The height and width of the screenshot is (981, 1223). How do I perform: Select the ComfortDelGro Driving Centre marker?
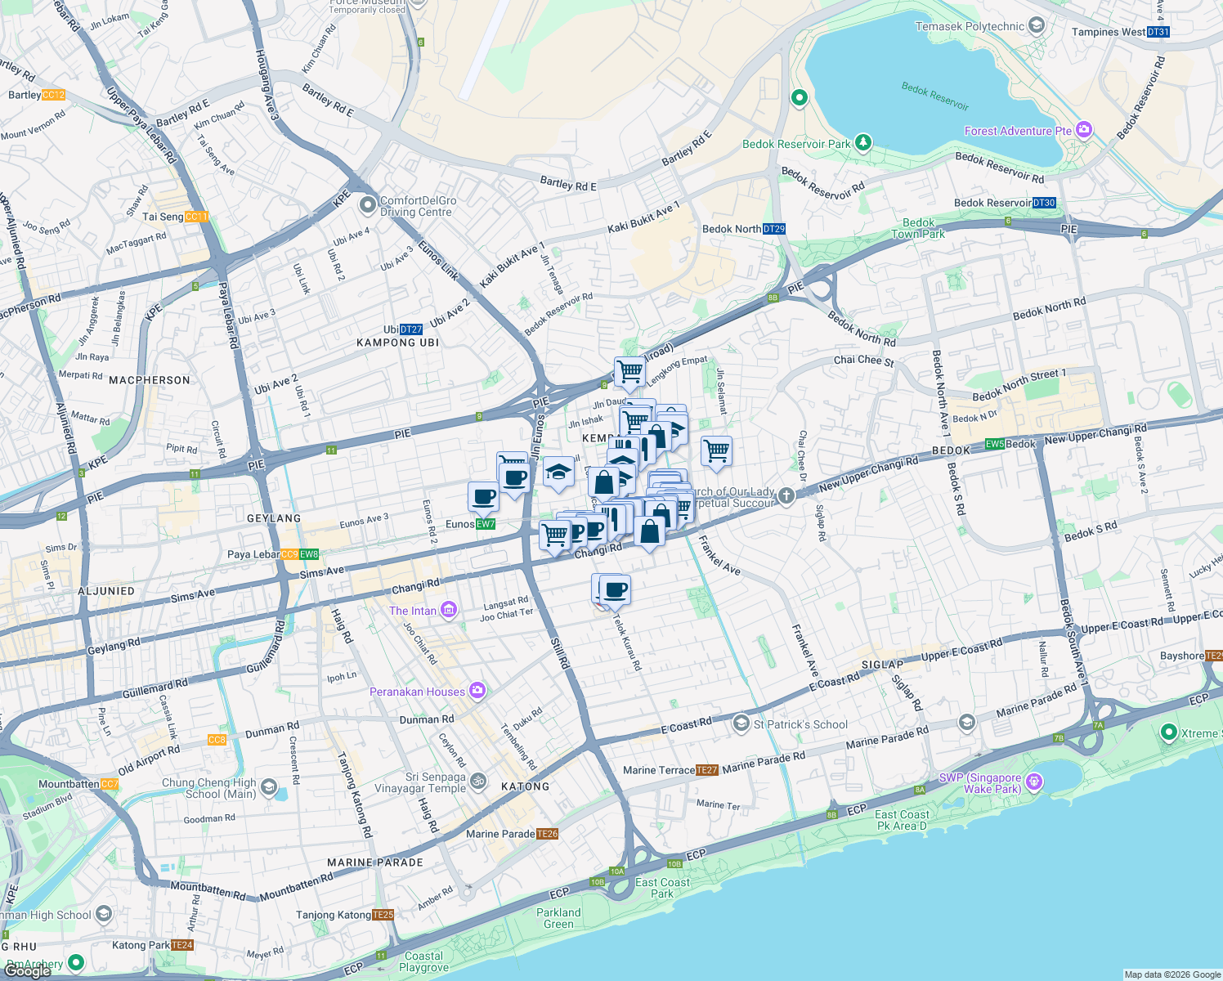(368, 204)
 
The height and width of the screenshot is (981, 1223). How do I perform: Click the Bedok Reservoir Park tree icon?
(862, 143)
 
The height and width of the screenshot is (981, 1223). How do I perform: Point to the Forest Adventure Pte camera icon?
(1084, 130)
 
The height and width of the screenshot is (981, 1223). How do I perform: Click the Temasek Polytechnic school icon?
(1037, 26)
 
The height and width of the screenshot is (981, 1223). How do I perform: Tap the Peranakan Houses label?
(417, 692)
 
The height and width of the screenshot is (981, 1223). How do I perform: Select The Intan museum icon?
(448, 610)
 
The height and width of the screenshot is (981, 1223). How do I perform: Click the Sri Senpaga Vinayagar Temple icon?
(478, 782)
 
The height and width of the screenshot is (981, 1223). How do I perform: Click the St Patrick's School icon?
(741, 723)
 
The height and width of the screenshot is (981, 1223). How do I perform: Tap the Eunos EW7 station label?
(470, 524)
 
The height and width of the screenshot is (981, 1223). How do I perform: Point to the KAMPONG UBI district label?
(397, 343)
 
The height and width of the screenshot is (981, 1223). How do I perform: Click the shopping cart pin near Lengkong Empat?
(629, 371)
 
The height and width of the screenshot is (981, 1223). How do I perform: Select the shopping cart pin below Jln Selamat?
(716, 450)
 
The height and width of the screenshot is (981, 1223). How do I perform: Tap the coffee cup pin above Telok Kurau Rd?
(615, 589)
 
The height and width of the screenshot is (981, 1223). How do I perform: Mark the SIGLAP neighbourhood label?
(882, 664)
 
